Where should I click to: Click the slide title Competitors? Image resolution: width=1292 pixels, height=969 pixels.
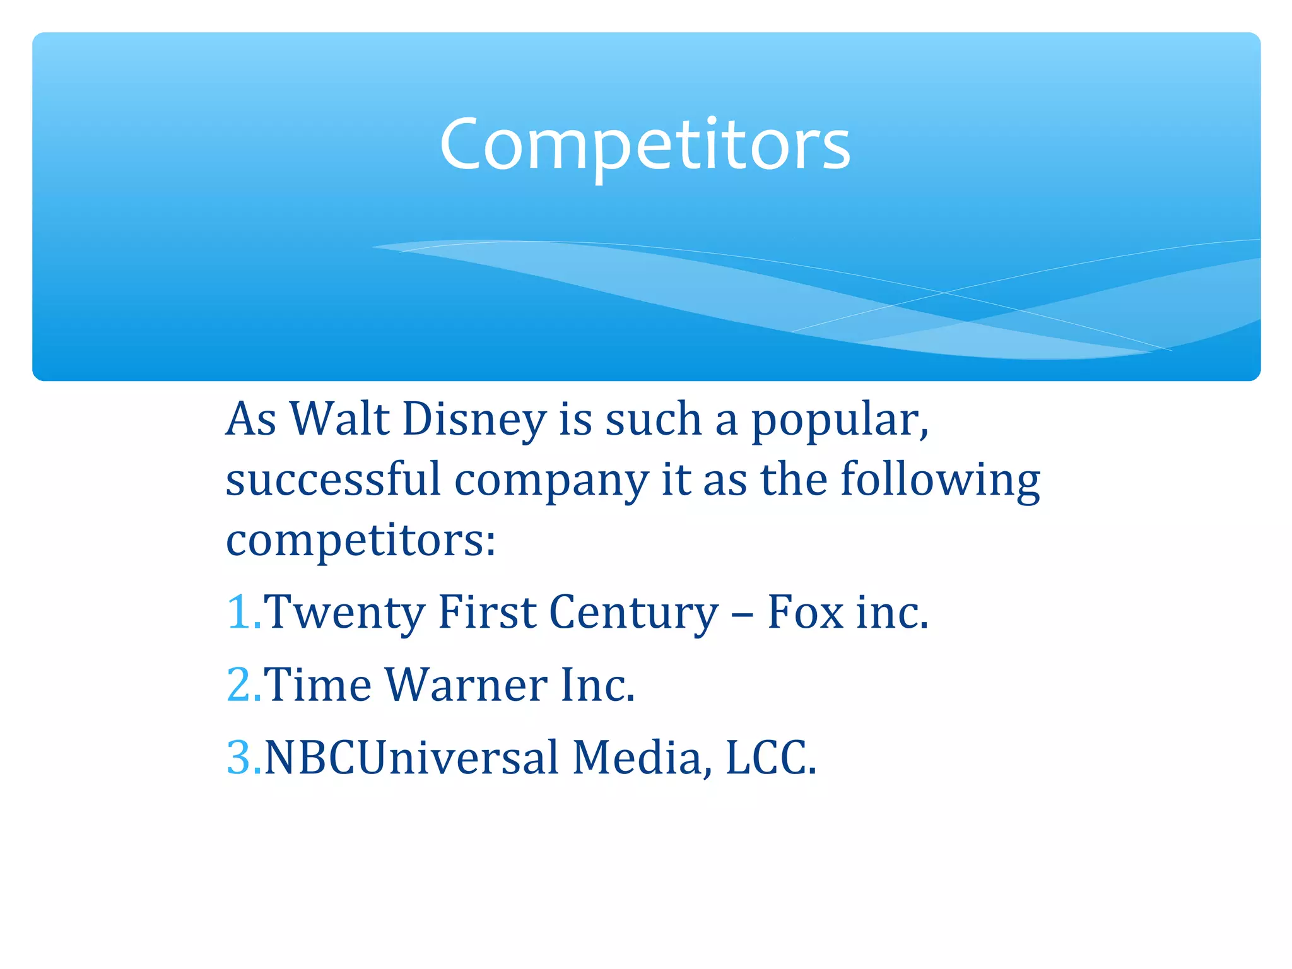coord(645,145)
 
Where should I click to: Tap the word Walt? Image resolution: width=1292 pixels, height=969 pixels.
coord(339,420)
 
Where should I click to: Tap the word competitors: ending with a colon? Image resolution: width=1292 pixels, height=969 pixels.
coord(361,541)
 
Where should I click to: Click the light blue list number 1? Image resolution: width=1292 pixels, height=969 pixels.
coord(240,612)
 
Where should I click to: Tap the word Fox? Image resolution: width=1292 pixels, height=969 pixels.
coord(805,612)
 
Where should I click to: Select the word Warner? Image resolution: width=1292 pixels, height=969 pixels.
coord(466,685)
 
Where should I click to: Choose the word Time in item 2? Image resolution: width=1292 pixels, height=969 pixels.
coord(317,685)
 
